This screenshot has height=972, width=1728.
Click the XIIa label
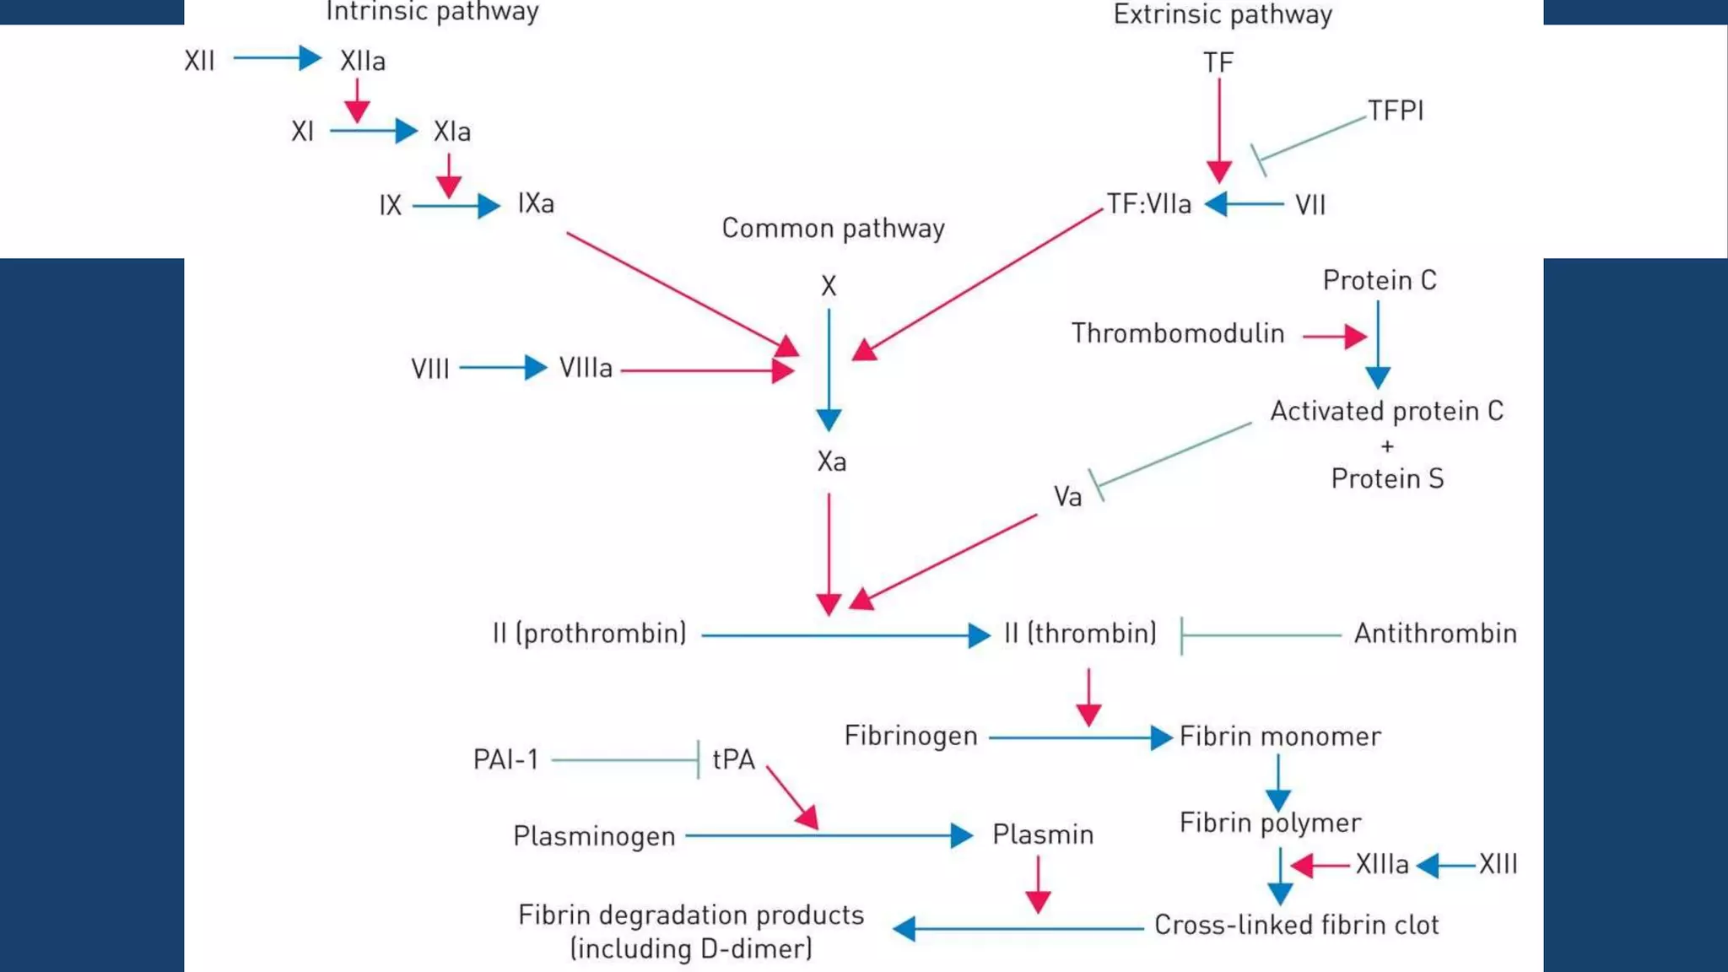coord(363,61)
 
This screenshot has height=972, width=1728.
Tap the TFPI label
coord(1396,111)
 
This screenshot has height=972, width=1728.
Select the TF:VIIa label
coord(1149,204)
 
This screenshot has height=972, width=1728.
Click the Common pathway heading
coord(833,229)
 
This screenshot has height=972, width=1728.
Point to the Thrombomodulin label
coord(1178,333)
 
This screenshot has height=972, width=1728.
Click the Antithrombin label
coord(1435,634)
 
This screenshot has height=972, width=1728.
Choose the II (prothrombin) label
coord(589,634)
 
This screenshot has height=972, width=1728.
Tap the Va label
coord(1067,497)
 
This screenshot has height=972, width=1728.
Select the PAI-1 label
coord(505,759)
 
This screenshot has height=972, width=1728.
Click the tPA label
coord(733,759)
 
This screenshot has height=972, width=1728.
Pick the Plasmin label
coord(1043,834)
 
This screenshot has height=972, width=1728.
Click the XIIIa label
coord(1382,865)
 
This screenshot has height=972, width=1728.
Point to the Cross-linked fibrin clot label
coord(1296,926)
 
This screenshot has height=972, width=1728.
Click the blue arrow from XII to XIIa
coord(278,58)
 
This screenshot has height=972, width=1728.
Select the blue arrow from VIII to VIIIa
coord(503,368)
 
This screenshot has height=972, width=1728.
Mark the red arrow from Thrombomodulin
coord(1334,337)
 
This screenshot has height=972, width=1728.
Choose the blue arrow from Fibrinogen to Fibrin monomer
coord(1079,738)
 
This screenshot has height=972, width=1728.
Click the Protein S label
coord(1387,479)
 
